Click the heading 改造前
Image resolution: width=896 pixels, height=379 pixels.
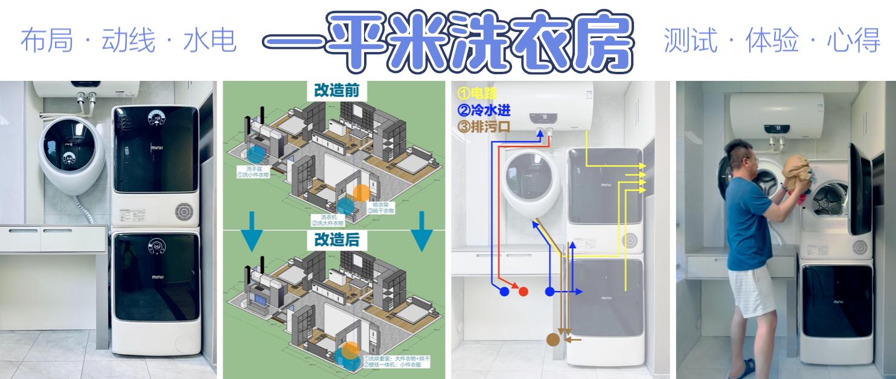[x=336, y=91]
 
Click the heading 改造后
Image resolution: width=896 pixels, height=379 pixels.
[x=336, y=240]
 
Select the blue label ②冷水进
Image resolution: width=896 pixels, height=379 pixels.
[x=485, y=110]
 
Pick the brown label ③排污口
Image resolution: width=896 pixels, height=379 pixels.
[x=485, y=126]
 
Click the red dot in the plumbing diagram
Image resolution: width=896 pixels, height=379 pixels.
[x=523, y=291]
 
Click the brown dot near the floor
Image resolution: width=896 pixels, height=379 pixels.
[x=552, y=340]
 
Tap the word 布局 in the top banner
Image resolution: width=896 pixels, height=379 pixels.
[x=47, y=40]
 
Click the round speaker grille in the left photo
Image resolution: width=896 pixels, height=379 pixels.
[x=184, y=211]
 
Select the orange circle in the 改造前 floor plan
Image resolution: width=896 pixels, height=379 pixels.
[x=360, y=193]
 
